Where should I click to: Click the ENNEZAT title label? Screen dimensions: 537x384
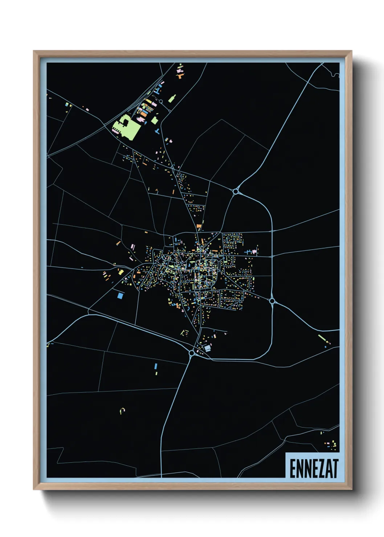[313, 468]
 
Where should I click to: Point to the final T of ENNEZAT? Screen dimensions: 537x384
[335, 468]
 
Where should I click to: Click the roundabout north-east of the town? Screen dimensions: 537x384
[236, 191]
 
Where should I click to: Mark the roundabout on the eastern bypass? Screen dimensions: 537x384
[272, 301]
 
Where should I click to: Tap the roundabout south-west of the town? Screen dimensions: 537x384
[192, 353]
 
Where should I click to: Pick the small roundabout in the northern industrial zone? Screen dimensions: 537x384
[160, 101]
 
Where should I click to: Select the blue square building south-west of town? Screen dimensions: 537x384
[120, 296]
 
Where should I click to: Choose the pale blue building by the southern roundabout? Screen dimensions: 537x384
[207, 348]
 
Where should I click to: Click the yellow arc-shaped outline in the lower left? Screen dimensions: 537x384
[122, 410]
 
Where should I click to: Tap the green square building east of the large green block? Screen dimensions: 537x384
[155, 120]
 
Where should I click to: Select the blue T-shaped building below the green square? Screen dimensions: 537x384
[157, 131]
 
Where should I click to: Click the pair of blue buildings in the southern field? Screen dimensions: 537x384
[156, 369]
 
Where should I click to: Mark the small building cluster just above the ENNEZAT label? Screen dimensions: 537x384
[331, 444]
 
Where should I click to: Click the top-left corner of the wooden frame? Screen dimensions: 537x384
[34, 52]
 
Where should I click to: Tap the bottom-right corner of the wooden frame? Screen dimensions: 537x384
[351, 489]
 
